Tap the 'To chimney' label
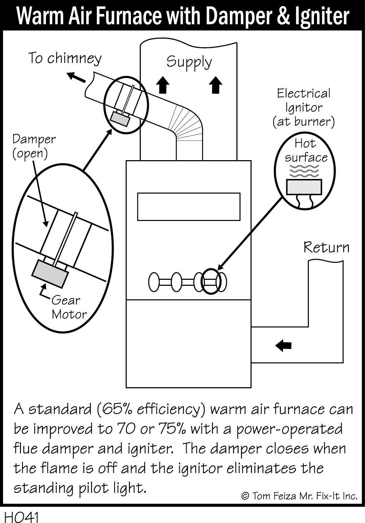(65, 58)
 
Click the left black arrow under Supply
(164, 84)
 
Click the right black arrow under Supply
(215, 84)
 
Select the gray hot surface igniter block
(304, 187)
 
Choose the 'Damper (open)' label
(34, 146)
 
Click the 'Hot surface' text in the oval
(306, 150)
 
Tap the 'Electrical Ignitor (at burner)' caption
(303, 107)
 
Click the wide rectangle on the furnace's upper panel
(188, 206)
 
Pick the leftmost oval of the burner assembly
(154, 282)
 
